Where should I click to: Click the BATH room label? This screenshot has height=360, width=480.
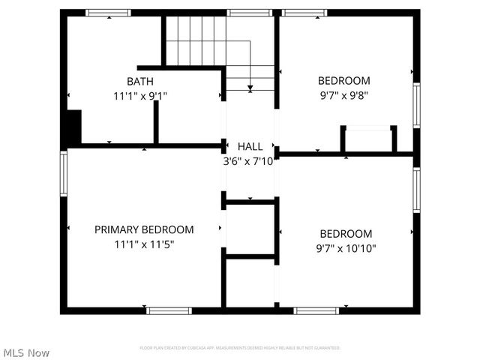(140, 81)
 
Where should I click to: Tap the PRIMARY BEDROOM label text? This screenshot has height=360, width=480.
(144, 229)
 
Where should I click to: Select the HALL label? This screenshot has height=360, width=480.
(250, 146)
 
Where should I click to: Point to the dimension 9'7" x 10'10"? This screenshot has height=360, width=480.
(346, 248)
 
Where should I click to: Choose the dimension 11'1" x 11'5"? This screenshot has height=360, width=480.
(144, 244)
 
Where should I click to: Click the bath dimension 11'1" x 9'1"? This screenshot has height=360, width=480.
(140, 95)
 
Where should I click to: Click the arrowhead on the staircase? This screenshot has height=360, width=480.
(250, 88)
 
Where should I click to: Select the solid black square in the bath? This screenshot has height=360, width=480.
(73, 127)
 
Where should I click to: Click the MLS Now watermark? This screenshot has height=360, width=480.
(26, 352)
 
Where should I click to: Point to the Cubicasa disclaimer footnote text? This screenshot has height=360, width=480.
(240, 348)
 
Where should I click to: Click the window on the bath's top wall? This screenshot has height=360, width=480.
(108, 13)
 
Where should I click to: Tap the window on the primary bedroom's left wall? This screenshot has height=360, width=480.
(64, 173)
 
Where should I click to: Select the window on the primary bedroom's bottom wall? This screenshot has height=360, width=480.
(169, 310)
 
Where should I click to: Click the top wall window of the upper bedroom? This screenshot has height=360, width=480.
(304, 13)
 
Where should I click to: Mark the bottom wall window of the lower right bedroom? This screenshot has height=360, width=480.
(316, 310)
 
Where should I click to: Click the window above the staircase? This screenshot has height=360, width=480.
(249, 13)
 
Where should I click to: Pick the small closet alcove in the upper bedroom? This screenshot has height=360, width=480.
(368, 140)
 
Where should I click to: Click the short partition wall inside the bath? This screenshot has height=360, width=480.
(156, 121)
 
